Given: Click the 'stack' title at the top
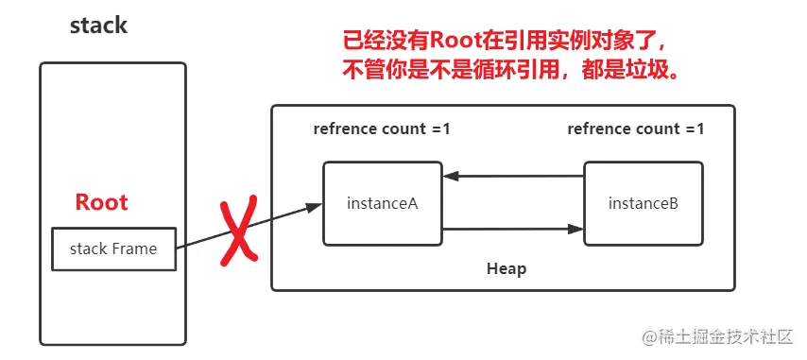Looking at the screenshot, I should (98, 26).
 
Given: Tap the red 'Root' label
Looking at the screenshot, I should (101, 202).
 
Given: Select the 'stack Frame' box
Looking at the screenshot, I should (113, 249).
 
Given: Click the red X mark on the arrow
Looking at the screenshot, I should (238, 230).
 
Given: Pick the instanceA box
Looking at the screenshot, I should (382, 203).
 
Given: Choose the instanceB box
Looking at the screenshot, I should (643, 203).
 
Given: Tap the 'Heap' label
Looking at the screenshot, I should (507, 268).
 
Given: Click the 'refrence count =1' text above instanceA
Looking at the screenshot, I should (382, 129).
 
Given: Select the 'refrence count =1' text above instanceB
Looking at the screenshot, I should (636, 129).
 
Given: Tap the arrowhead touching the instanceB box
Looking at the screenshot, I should (575, 228).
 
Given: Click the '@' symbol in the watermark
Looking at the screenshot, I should (649, 337).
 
